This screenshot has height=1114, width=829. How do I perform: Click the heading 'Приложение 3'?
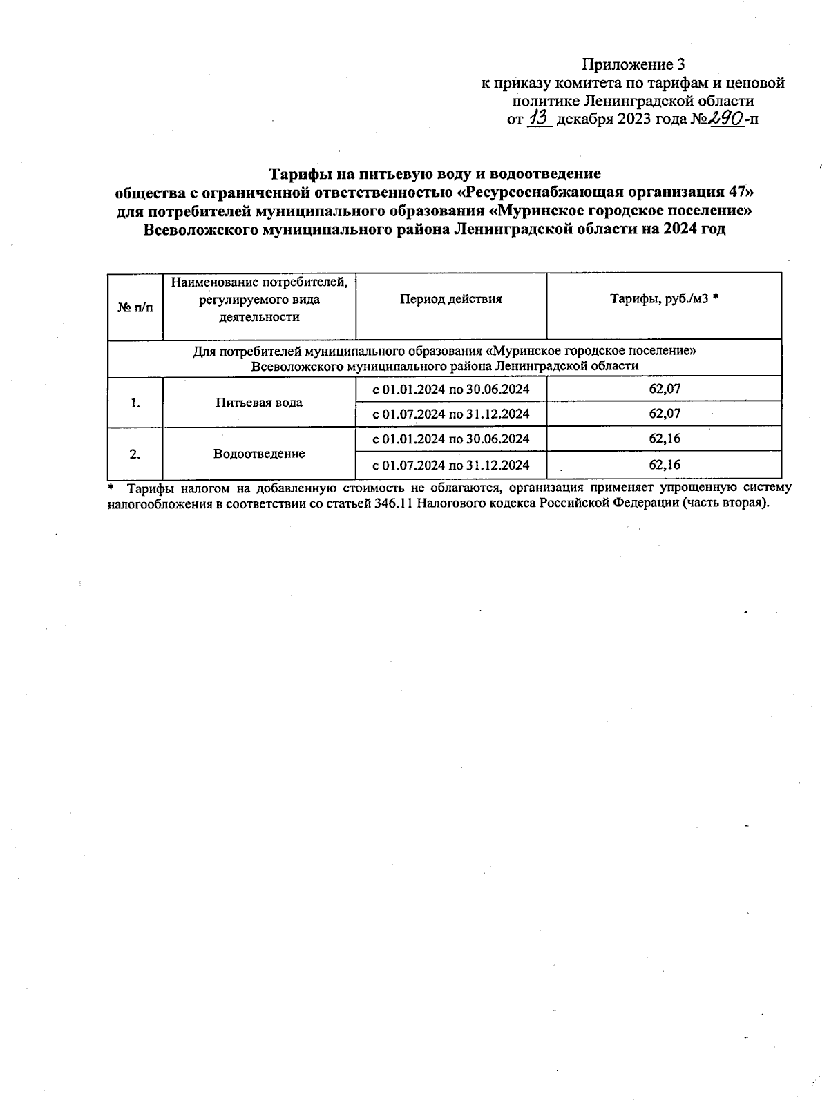click(633, 65)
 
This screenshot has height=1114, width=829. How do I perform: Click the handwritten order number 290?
click(725, 118)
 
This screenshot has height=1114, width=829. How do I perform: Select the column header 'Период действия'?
click(450, 299)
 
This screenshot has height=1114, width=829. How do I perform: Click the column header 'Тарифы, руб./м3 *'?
click(664, 299)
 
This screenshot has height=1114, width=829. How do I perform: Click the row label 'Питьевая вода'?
click(258, 402)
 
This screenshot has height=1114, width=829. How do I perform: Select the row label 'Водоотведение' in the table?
click(258, 454)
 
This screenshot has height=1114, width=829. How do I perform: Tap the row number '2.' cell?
click(135, 454)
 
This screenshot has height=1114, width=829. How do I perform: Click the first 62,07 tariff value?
click(665, 389)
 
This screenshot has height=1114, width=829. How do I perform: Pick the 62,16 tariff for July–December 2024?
click(665, 464)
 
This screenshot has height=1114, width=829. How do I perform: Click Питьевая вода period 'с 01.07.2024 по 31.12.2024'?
click(450, 414)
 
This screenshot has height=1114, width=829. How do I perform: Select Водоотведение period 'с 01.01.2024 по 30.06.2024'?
click(450, 439)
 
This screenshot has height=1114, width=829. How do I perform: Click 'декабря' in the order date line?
click(583, 119)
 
